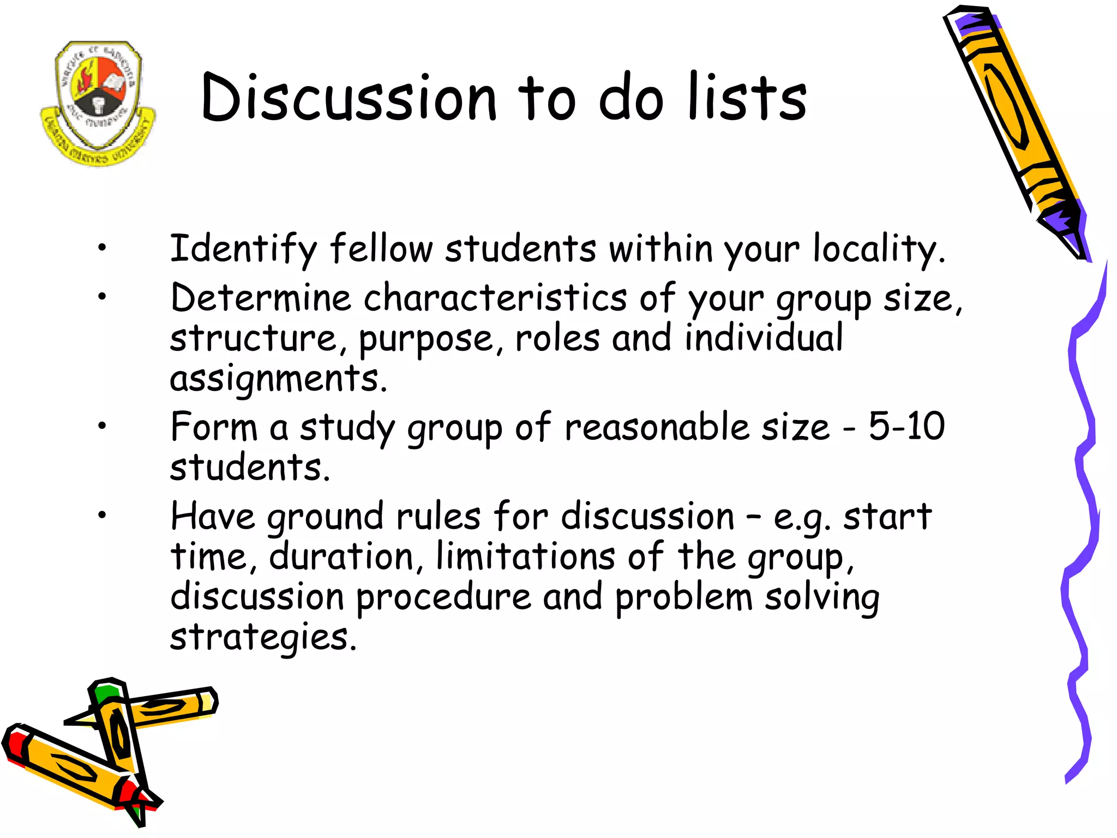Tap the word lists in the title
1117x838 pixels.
[x=747, y=98]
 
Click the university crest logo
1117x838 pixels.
[x=98, y=103]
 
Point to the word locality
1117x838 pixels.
[x=878, y=249]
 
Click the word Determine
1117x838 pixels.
[x=261, y=298]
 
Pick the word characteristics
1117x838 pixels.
[x=495, y=298]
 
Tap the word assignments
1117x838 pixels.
[x=278, y=378]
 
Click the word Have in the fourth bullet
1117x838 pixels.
[x=213, y=516]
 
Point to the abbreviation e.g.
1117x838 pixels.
[x=802, y=517]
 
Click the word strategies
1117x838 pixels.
[x=263, y=637]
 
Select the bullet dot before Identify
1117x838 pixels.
[x=102, y=248]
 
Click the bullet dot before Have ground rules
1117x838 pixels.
[x=102, y=514]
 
